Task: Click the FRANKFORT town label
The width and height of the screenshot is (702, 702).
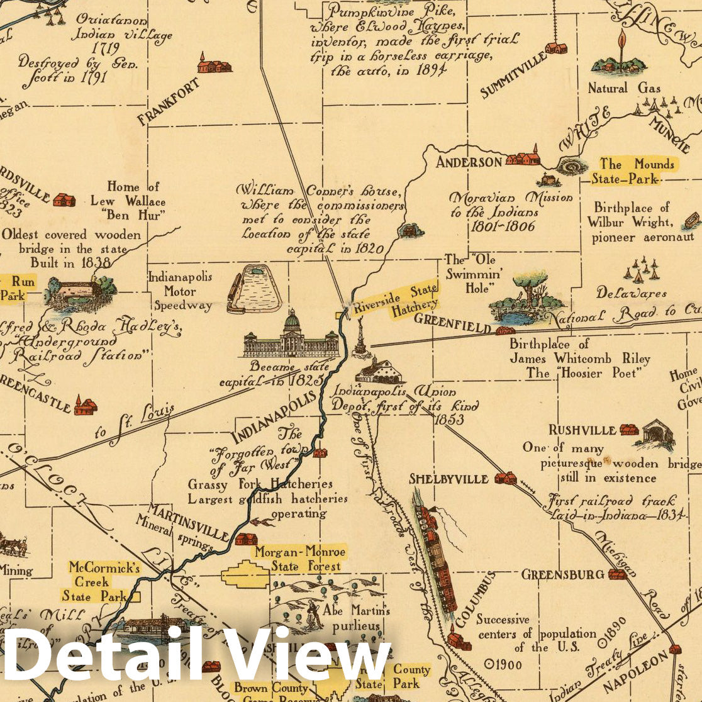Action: (x=168, y=101)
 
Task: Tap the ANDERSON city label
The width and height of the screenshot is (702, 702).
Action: (x=469, y=162)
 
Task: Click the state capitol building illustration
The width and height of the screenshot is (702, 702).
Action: (x=291, y=336)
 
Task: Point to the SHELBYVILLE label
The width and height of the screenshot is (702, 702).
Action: (x=448, y=479)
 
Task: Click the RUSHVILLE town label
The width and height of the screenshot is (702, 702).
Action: (x=582, y=430)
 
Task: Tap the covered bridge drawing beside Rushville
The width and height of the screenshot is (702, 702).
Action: (x=655, y=435)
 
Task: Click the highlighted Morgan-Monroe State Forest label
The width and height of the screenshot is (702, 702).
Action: (x=299, y=559)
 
